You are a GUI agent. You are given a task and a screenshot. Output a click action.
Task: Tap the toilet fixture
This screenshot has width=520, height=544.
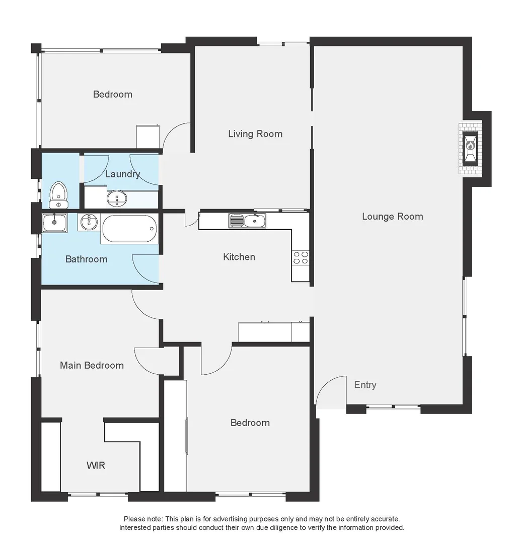click(x=59, y=194)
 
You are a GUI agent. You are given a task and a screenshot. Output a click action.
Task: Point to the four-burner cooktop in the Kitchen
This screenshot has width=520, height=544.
click(x=301, y=257)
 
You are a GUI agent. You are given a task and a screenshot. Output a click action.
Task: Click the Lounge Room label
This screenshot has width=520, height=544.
click(x=392, y=217)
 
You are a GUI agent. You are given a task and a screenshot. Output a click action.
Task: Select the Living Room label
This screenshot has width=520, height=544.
click(x=255, y=133)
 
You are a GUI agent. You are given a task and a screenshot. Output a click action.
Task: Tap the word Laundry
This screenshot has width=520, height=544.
click(x=122, y=174)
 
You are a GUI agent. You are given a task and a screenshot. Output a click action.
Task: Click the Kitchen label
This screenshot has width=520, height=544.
click(x=239, y=257)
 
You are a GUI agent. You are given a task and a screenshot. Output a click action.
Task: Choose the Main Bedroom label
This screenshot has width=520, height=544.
click(x=92, y=365)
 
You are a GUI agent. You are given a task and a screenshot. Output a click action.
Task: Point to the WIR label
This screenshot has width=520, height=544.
click(x=96, y=465)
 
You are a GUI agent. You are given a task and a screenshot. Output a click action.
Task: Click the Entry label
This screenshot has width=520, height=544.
click(x=365, y=385)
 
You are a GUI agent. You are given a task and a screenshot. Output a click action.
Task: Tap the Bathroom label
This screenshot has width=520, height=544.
click(x=86, y=259)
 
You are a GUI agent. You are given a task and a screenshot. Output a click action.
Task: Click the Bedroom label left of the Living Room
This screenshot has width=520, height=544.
click(x=113, y=94)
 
